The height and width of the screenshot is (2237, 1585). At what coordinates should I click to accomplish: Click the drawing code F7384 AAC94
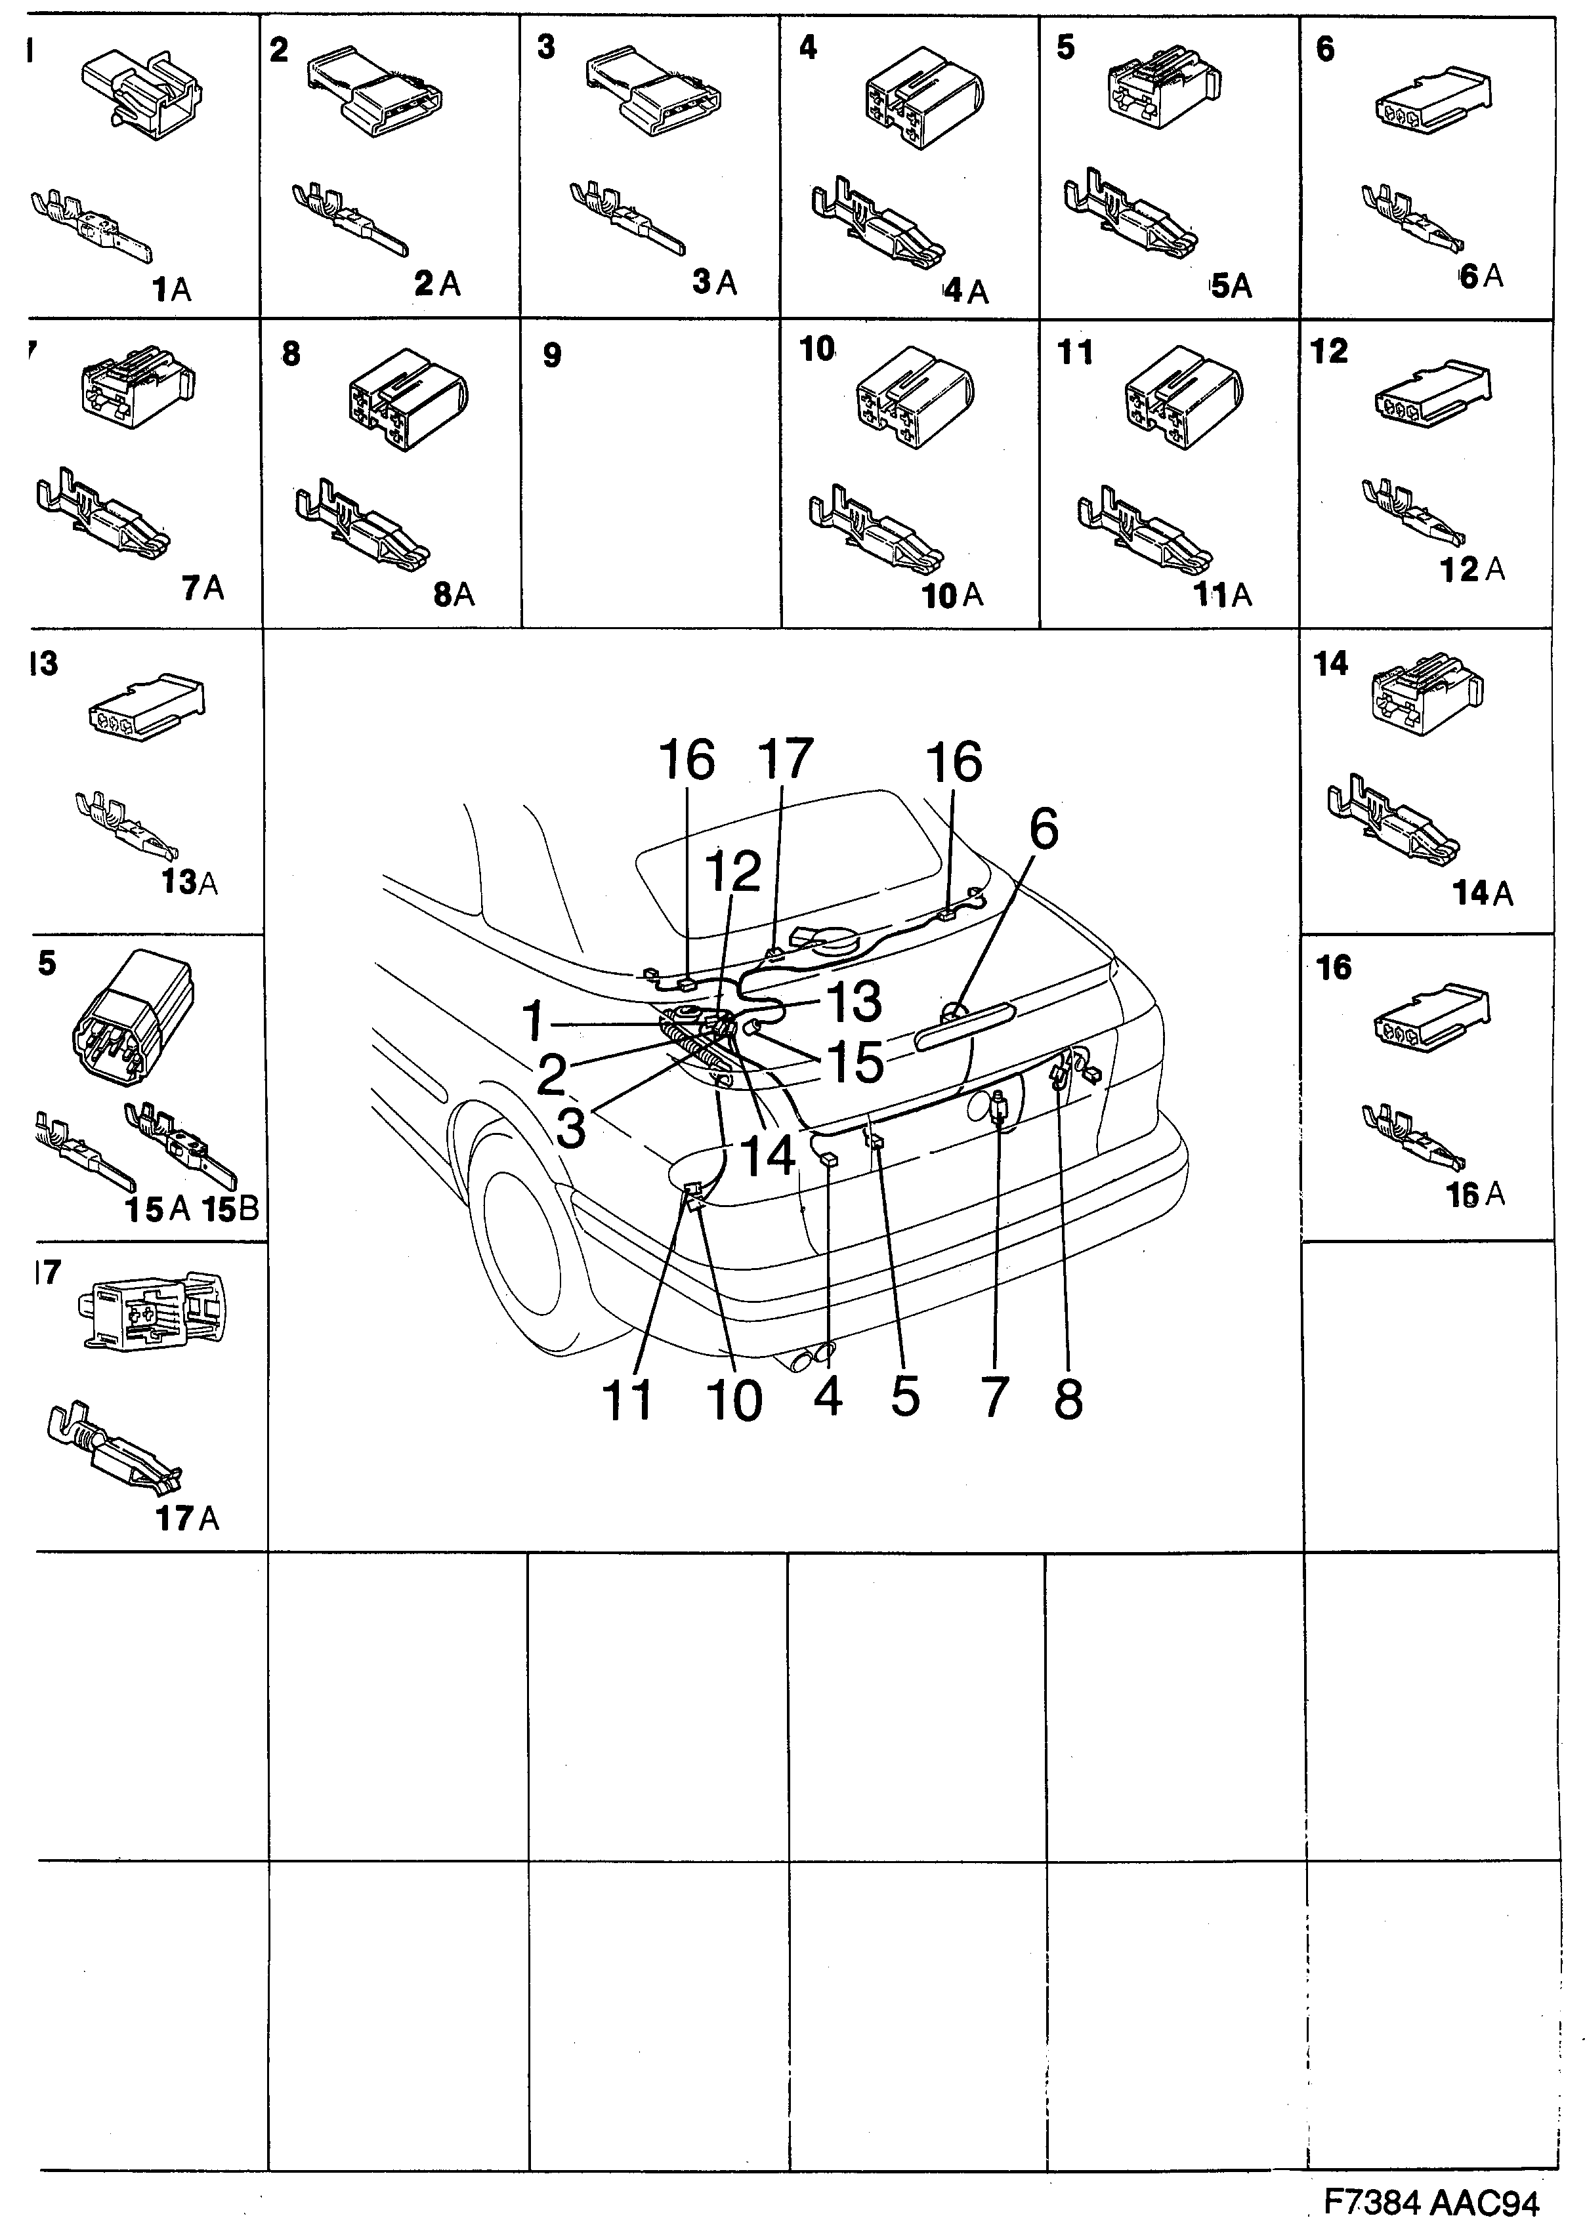(x=1431, y=2204)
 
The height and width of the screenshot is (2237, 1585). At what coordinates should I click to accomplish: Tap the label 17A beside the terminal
(x=188, y=1518)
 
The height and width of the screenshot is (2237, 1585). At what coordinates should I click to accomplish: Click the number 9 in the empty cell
(x=553, y=355)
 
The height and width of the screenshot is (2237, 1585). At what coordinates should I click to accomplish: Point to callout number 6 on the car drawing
(x=1042, y=831)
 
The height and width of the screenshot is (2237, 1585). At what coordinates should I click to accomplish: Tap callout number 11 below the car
(x=627, y=1401)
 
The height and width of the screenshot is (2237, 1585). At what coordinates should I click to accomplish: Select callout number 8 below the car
(x=1068, y=1400)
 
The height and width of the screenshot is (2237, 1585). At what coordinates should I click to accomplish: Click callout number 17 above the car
(x=786, y=759)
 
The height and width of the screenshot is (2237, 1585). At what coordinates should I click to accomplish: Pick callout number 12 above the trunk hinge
(x=733, y=871)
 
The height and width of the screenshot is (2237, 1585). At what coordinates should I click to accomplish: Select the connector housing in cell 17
(x=156, y=1312)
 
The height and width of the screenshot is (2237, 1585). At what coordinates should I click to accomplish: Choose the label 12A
(x=1471, y=569)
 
